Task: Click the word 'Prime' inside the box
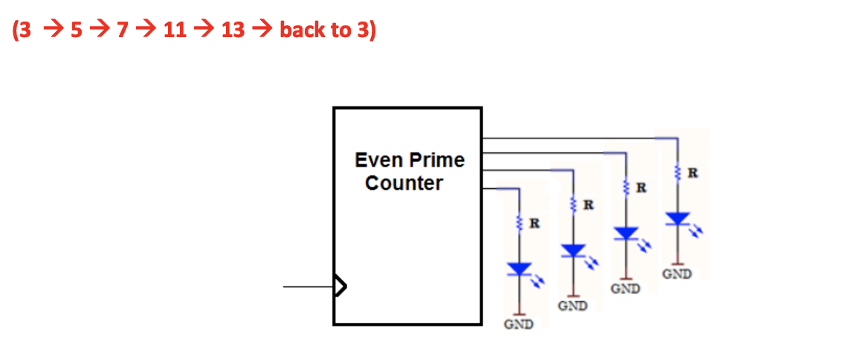[439, 160]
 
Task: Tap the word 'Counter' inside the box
[404, 184]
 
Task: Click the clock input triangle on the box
[340, 286]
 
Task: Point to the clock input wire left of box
[308, 286]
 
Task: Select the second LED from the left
[572, 251]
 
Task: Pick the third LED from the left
[626, 233]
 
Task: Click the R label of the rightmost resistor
[693, 174]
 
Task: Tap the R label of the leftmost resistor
[534, 222]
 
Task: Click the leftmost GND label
[518, 324]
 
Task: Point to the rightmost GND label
[677, 274]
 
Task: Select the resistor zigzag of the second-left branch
[572, 203]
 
